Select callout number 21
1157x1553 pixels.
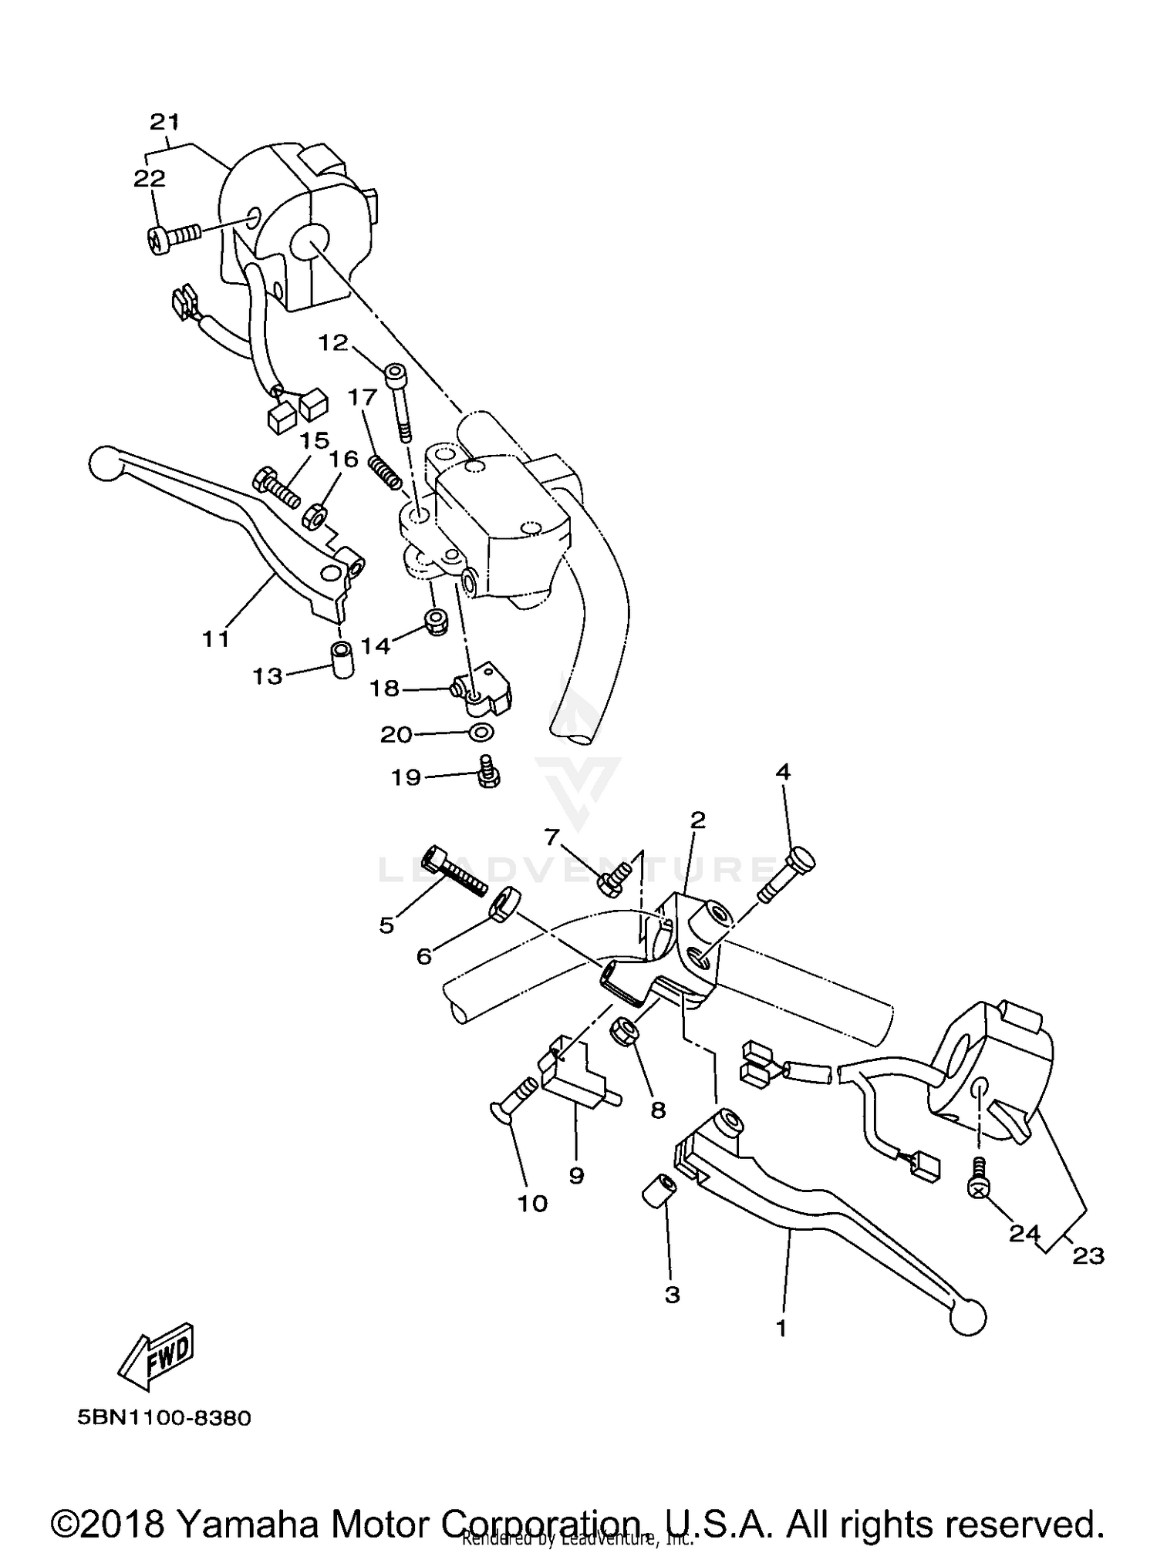click(x=164, y=121)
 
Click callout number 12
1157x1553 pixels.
click(x=334, y=342)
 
